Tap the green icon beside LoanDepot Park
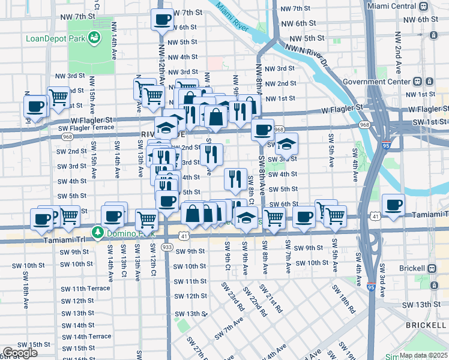click(94, 38)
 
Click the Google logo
click(20, 353)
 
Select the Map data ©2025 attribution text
click(423, 355)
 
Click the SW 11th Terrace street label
click(83, 289)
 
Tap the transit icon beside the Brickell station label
click(431, 268)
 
